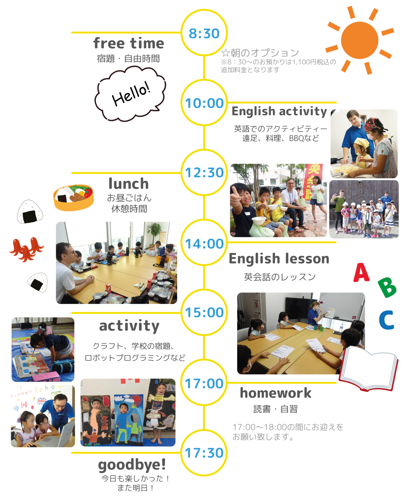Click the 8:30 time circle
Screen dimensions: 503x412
point(204,33)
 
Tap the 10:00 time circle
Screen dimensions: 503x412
point(204,103)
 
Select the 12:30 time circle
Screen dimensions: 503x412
point(204,173)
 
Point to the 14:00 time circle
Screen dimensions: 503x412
point(204,243)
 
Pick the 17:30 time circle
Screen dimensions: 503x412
point(204,453)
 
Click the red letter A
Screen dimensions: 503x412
point(361,273)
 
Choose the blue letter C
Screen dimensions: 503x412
point(386,320)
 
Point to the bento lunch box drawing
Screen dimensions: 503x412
point(73,197)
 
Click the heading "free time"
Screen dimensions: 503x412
point(128,43)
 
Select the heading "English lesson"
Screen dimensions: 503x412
point(279,259)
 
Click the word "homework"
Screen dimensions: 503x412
point(276,393)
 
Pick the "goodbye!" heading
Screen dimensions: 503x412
point(132,465)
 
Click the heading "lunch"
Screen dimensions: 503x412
point(128,184)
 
